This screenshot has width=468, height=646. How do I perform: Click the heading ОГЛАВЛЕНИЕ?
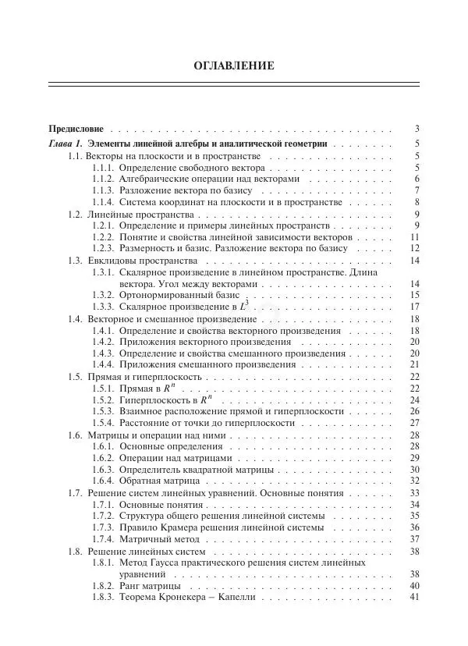pyautogui.click(x=233, y=66)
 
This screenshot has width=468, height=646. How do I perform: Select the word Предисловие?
pyautogui.click(x=76, y=129)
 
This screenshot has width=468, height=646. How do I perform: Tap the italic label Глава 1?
pyautogui.click(x=65, y=144)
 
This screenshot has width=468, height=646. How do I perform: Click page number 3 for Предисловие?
pyautogui.click(x=417, y=129)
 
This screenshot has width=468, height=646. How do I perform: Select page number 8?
pyautogui.click(x=417, y=202)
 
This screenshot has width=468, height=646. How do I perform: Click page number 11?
pyautogui.click(x=415, y=236)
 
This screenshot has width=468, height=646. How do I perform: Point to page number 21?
pyautogui.click(x=415, y=364)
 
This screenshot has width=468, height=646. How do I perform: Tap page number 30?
pyautogui.click(x=415, y=470)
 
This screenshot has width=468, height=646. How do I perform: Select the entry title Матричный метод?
pyautogui.click(x=159, y=539)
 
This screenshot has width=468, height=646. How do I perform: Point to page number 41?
pyautogui.click(x=415, y=598)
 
